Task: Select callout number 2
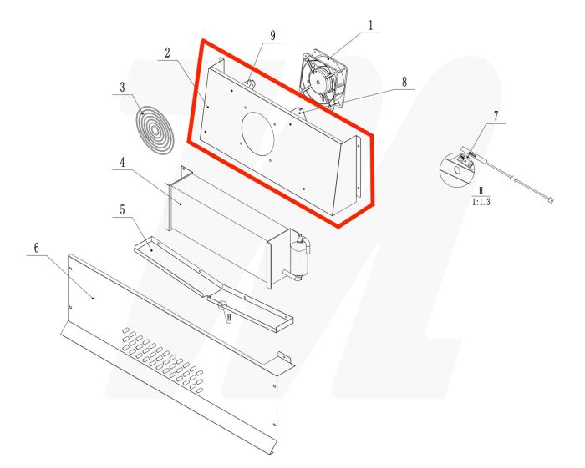167,53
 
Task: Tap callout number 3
122,86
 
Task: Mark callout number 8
404,82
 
